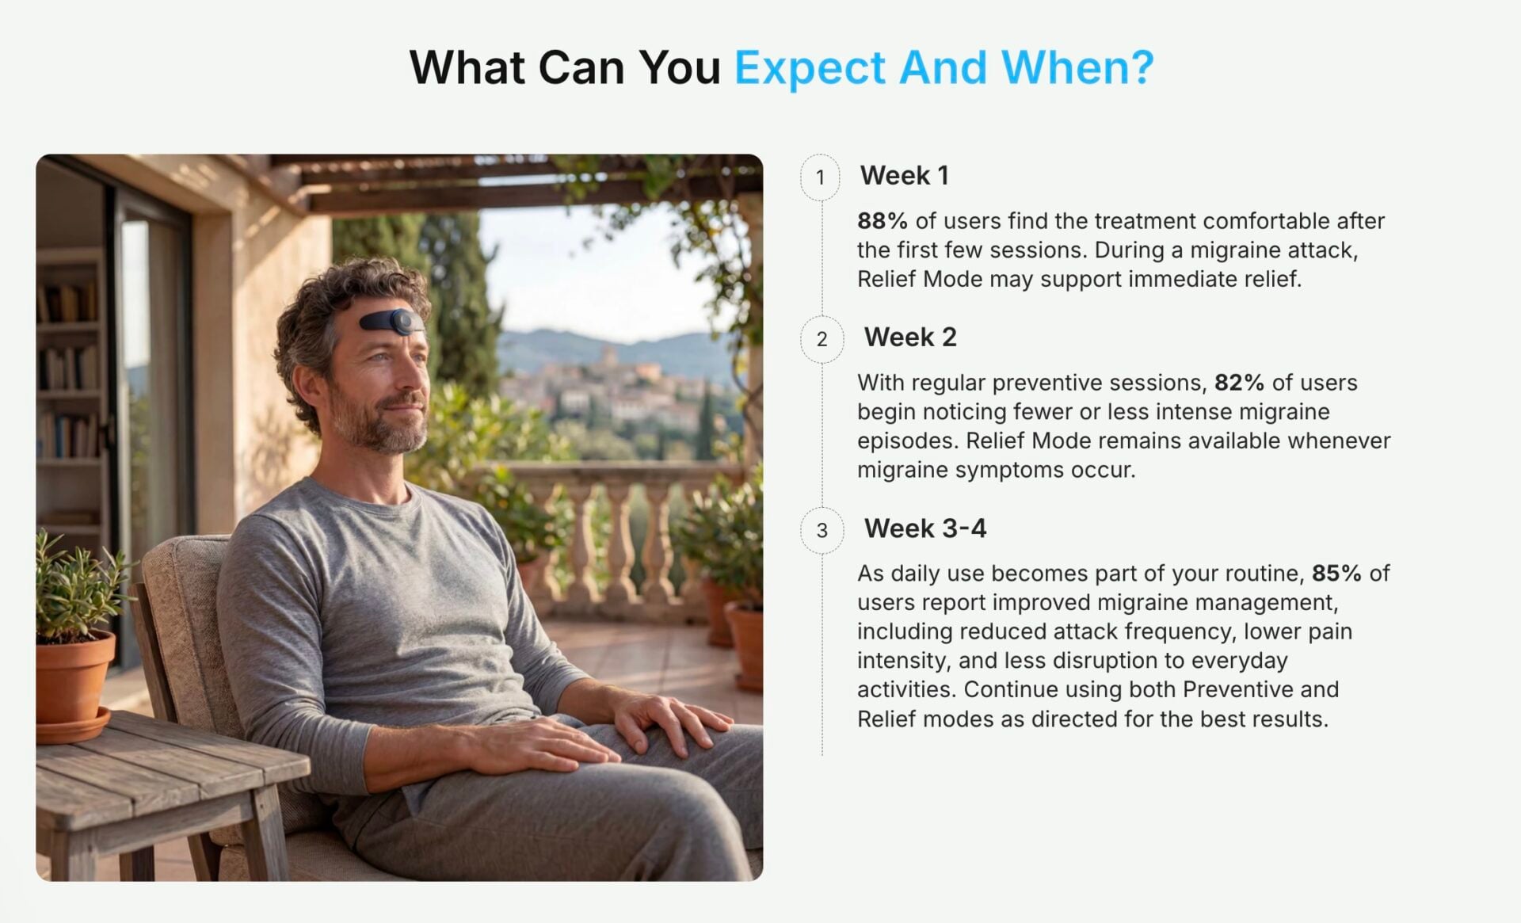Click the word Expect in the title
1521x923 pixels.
pyautogui.click(x=810, y=68)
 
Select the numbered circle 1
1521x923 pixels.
pyautogui.click(x=821, y=177)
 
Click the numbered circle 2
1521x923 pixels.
pyautogui.click(x=821, y=339)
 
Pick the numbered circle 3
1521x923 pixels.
pyautogui.click(x=821, y=530)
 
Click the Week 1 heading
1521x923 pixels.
pyautogui.click(x=904, y=175)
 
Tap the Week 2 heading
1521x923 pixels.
pyautogui.click(x=910, y=338)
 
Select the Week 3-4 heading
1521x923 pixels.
pyautogui.click(x=925, y=528)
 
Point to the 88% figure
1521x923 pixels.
pyautogui.click(x=882, y=221)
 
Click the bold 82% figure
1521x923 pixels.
pyautogui.click(x=1240, y=383)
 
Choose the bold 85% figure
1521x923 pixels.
pyautogui.click(x=1336, y=574)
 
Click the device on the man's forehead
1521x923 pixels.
pyautogui.click(x=391, y=322)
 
